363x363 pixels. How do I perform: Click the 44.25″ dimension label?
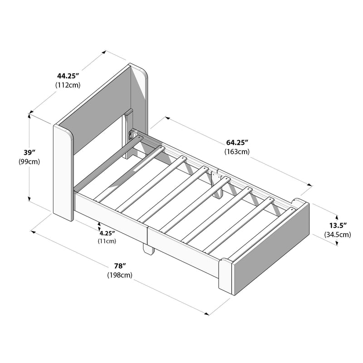click(68, 76)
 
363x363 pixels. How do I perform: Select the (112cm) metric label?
click(68, 85)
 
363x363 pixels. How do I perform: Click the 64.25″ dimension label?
click(236, 143)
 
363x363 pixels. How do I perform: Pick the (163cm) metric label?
click(236, 152)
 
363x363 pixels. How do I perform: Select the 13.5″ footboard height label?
click(338, 226)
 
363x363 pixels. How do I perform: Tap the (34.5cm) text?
click(338, 235)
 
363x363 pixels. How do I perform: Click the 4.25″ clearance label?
click(107, 233)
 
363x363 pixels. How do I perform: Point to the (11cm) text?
click(107, 241)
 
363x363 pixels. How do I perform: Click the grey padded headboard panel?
click(98, 109)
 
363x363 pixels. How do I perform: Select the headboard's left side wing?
click(63, 172)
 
